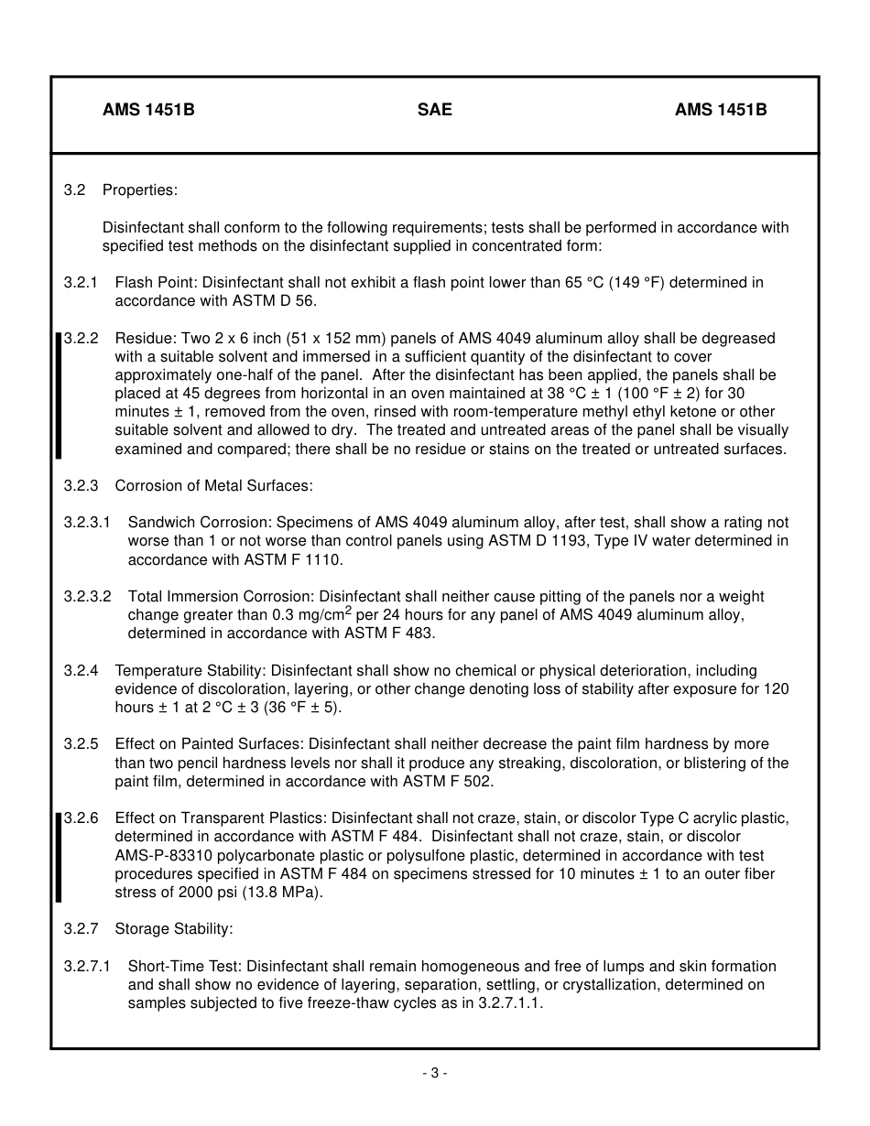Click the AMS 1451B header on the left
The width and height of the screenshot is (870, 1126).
click(148, 110)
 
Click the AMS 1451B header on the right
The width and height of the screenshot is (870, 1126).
click(721, 110)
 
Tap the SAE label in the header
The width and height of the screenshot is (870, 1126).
click(434, 110)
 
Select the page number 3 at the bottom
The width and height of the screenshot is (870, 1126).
click(434, 1073)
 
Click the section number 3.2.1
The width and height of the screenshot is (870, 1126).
click(81, 283)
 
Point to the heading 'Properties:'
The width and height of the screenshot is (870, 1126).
click(140, 190)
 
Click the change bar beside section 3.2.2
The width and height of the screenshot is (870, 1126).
click(59, 395)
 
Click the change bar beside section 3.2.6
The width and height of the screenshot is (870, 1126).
click(59, 856)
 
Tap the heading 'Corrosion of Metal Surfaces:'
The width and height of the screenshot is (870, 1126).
click(213, 485)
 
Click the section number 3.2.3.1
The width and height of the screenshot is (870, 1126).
click(87, 523)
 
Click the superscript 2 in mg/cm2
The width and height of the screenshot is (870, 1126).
click(348, 611)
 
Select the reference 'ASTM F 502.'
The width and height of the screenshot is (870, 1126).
click(447, 781)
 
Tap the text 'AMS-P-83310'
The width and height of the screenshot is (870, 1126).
click(161, 856)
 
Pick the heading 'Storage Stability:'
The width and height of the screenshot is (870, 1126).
click(174, 929)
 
